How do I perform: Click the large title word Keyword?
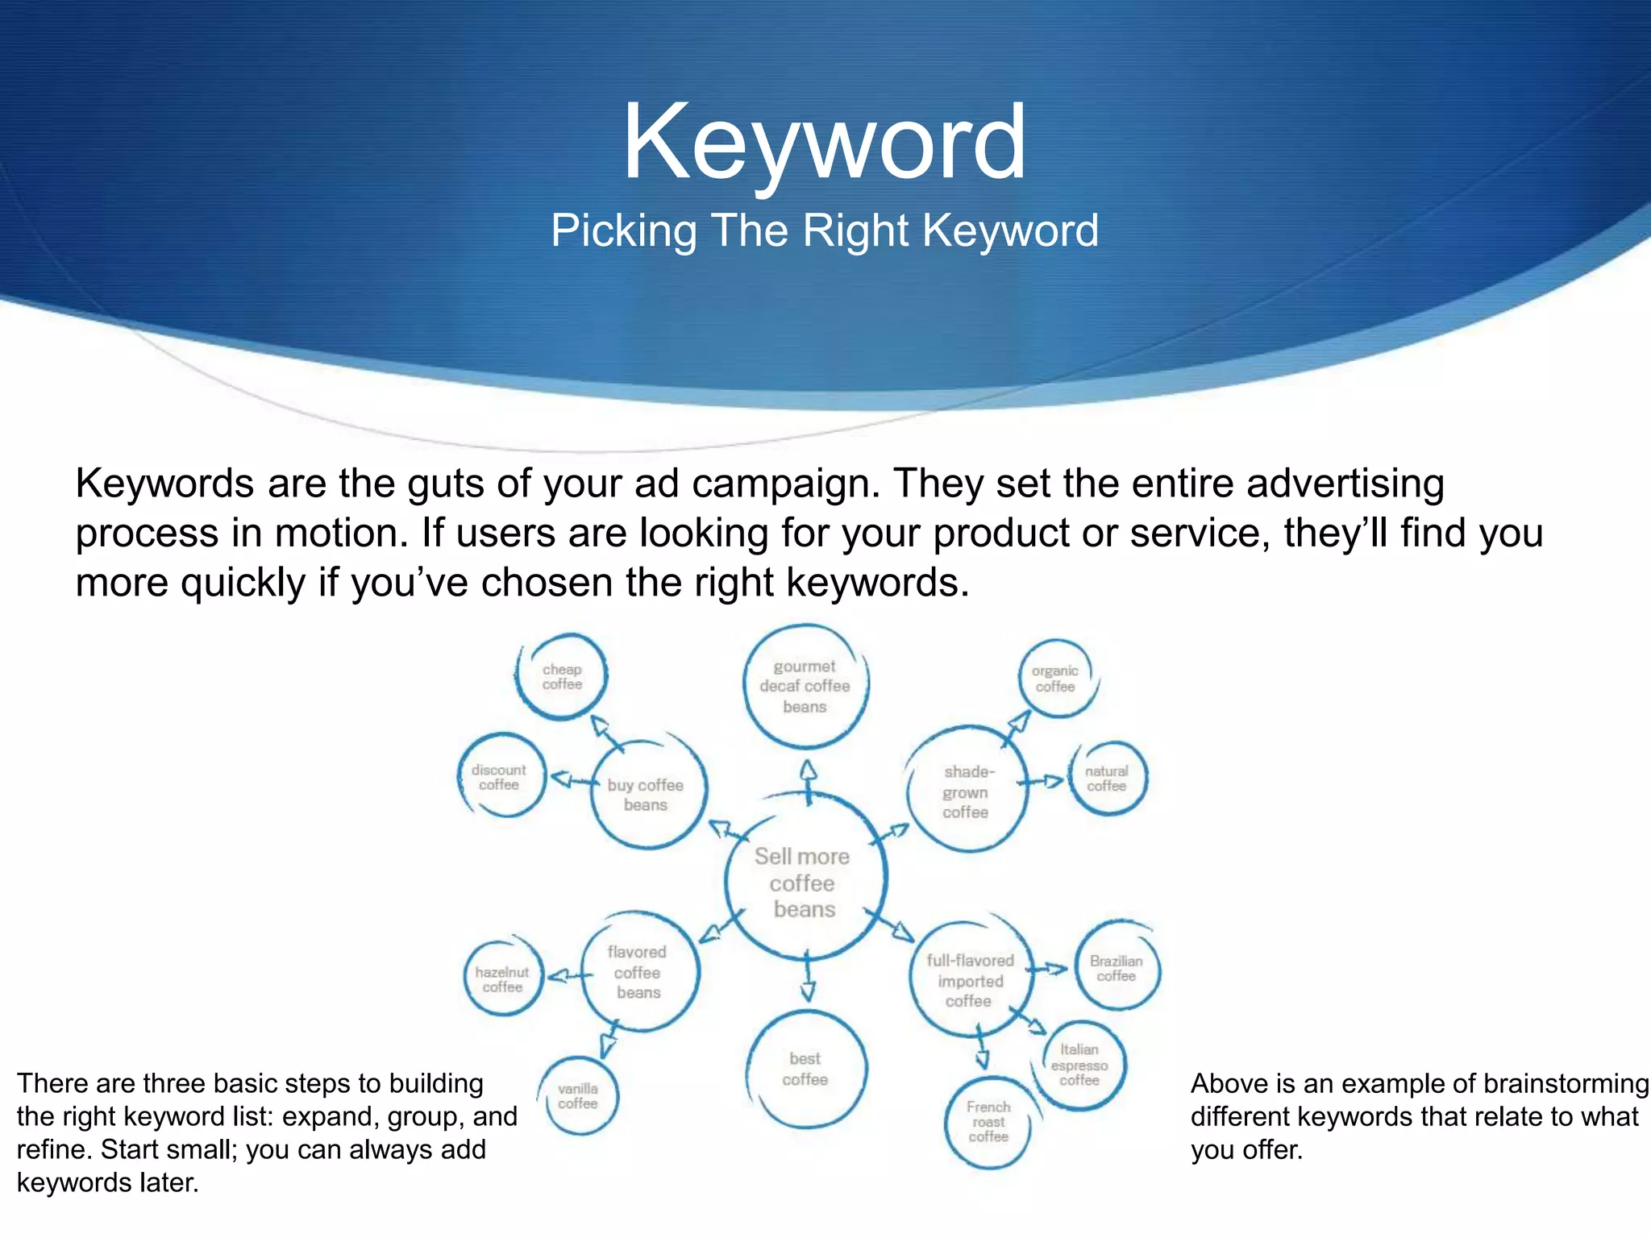[824, 143]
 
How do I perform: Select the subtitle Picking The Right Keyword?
[824, 231]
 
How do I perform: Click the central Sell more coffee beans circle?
[804, 883]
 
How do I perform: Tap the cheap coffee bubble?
[562, 677]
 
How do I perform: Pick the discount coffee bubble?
[500, 777]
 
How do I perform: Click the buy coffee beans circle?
[647, 794]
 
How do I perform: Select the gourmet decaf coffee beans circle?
[805, 687]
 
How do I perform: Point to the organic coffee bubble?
[1055, 679]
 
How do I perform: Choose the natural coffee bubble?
[1107, 779]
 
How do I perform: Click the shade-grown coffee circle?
[967, 791]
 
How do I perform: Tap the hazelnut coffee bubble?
[503, 979]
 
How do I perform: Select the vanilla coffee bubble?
[578, 1096]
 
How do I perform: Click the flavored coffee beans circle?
[638, 972]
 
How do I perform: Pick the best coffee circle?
[805, 1069]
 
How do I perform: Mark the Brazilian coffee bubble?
[1117, 968]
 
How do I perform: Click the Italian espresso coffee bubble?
[1079, 1065]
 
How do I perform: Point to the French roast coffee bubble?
[988, 1122]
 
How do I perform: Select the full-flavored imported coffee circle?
[970, 980]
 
